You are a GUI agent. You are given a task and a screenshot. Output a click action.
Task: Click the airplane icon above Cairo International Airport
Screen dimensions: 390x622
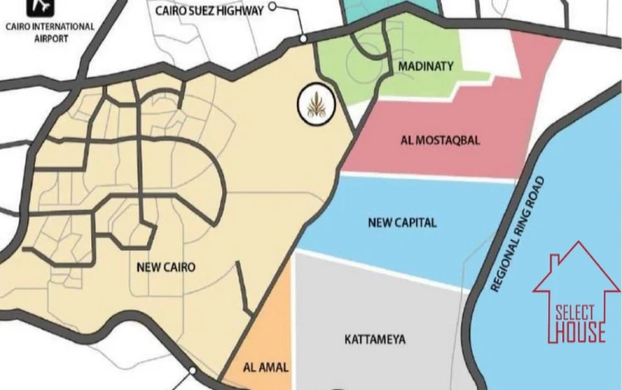40,6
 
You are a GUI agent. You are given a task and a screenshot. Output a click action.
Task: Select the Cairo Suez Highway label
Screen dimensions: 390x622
210,11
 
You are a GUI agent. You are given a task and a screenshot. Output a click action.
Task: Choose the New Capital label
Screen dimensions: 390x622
402,223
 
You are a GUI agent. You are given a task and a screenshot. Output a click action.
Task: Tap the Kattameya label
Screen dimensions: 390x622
373,339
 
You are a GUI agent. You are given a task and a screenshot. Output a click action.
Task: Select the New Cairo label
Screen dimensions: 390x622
167,267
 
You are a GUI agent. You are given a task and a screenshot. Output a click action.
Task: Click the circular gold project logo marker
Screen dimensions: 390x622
316,105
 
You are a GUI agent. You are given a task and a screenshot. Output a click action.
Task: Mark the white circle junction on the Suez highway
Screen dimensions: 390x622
304,38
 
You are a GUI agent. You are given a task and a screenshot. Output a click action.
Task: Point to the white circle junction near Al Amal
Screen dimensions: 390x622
192,371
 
